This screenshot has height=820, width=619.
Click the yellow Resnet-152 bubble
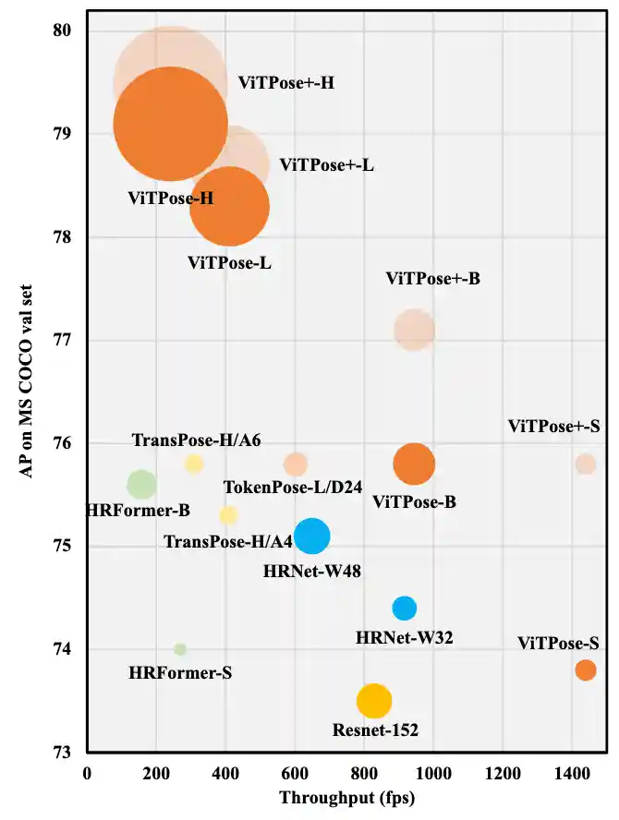(374, 702)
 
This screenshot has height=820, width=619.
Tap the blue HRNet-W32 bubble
(404, 608)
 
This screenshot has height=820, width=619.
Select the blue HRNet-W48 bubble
(312, 536)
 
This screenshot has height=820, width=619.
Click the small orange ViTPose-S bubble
(586, 669)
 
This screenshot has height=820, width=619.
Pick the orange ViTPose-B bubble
(414, 464)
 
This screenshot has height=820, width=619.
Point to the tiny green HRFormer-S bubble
(180, 649)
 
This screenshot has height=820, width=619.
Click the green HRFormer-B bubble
(140, 484)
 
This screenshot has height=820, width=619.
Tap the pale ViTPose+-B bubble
(414, 330)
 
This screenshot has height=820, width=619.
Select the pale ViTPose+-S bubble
(586, 464)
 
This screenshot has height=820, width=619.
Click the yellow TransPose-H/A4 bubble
(228, 515)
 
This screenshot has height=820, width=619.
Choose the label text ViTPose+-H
(286, 83)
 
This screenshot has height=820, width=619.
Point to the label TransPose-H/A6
(196, 440)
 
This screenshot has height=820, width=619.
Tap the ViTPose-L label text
(229, 263)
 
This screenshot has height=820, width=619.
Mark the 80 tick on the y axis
(62, 31)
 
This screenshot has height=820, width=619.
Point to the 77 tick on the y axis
(62, 341)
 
